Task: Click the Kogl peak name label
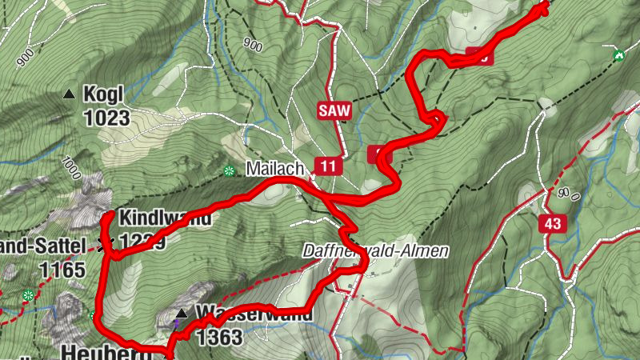[x=103, y=94]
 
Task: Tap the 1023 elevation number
[x=106, y=118]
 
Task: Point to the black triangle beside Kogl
[x=69, y=94]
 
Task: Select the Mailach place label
[x=275, y=170]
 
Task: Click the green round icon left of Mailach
[x=230, y=170]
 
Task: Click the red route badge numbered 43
[x=553, y=223]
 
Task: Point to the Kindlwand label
[x=166, y=218]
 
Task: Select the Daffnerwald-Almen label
[x=375, y=251]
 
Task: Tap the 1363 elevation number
[x=218, y=338]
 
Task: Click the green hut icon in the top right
[x=618, y=56]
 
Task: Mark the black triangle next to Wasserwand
[x=182, y=313]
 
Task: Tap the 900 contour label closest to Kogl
[x=24, y=56]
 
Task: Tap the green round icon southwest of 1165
[x=29, y=296]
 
